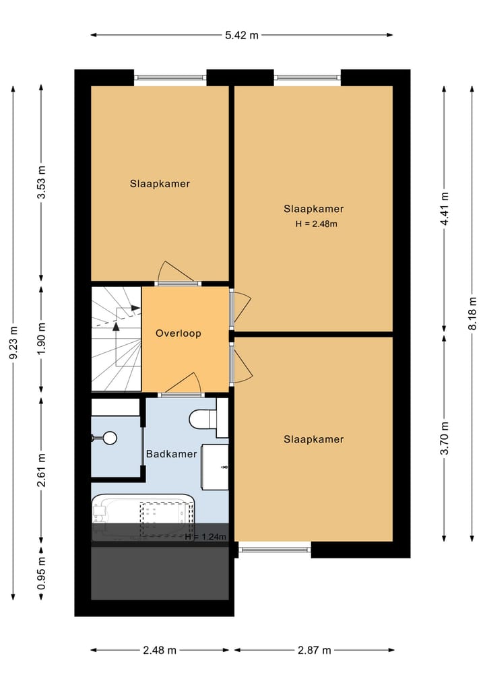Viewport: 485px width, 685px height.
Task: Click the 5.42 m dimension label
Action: tap(242, 35)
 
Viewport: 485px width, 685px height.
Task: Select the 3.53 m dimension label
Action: tap(41, 183)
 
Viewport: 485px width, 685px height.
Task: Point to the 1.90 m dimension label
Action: tap(41, 340)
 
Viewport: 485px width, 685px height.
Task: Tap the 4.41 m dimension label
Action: tap(444, 210)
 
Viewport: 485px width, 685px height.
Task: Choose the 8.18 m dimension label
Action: tap(472, 313)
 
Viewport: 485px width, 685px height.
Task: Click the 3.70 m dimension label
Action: tap(444, 438)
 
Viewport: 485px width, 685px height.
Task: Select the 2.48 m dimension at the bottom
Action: tap(160, 650)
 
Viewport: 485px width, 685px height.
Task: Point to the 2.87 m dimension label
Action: tap(314, 650)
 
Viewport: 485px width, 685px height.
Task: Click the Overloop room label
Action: tap(178, 333)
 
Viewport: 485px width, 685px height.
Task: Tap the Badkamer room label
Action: tap(172, 454)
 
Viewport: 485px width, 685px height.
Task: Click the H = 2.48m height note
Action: tap(315, 224)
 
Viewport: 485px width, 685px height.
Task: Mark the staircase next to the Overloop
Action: tap(116, 338)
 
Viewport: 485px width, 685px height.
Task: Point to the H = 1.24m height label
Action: tap(205, 537)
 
